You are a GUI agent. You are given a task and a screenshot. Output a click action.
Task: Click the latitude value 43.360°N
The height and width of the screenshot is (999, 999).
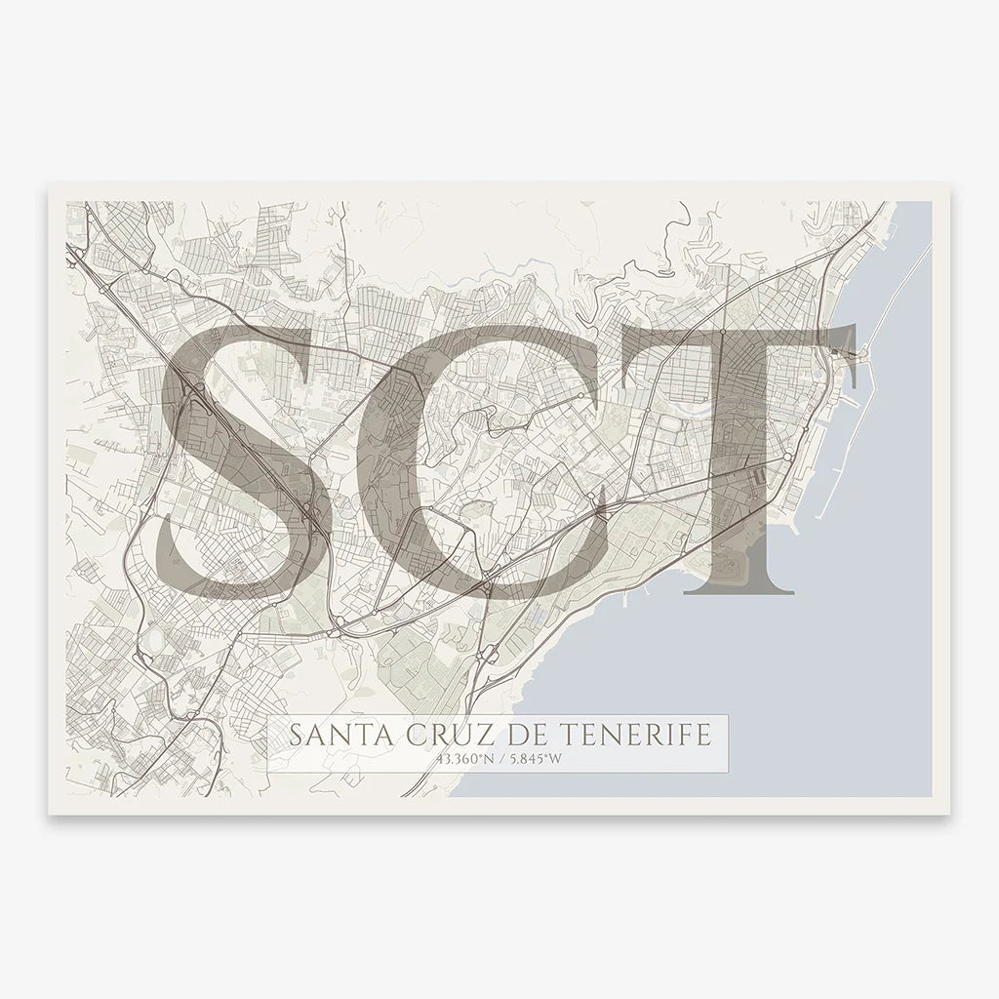tap(457, 758)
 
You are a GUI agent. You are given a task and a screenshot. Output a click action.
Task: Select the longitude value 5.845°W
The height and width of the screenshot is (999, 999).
tap(532, 758)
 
